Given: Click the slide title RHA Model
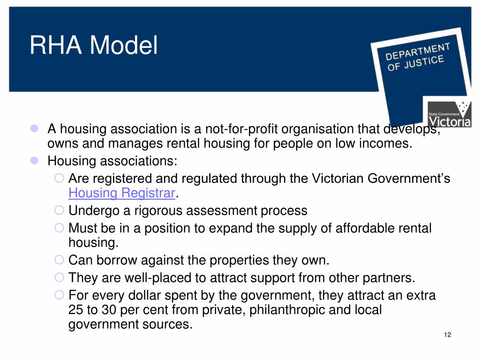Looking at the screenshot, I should coord(94,46).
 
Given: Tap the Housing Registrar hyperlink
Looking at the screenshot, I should coord(121,193).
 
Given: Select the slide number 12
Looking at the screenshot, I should coord(447,334).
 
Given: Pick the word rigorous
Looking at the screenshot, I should coord(153,210).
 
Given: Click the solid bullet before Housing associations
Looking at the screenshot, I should coord(34,161).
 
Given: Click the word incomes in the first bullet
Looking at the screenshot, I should coord(384,143).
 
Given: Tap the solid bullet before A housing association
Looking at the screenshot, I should coord(34,128).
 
